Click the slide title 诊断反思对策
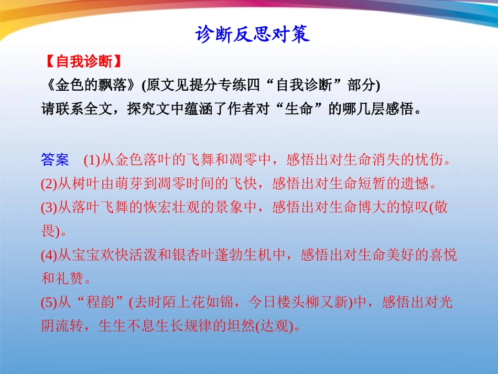(x=253, y=35)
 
